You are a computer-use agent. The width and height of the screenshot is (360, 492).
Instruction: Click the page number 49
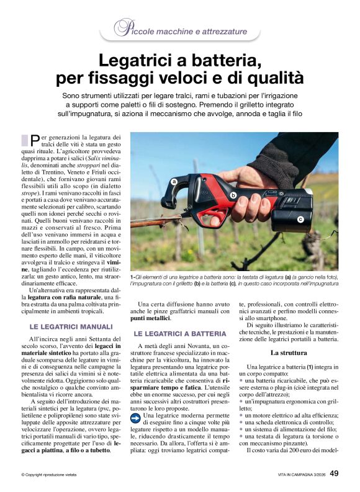[x=334, y=473]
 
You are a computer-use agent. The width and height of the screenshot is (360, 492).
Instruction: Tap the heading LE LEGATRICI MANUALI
[x=71, y=326]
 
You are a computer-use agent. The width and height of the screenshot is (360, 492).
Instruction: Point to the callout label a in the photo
[x=174, y=182]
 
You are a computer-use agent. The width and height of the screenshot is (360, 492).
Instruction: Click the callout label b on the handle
[x=233, y=195]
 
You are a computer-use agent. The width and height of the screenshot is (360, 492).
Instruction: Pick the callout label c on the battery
[x=300, y=219]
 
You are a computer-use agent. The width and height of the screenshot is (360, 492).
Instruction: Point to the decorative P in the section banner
[x=122, y=27]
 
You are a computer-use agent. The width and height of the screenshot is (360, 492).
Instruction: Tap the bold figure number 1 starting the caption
[x=132, y=276]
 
